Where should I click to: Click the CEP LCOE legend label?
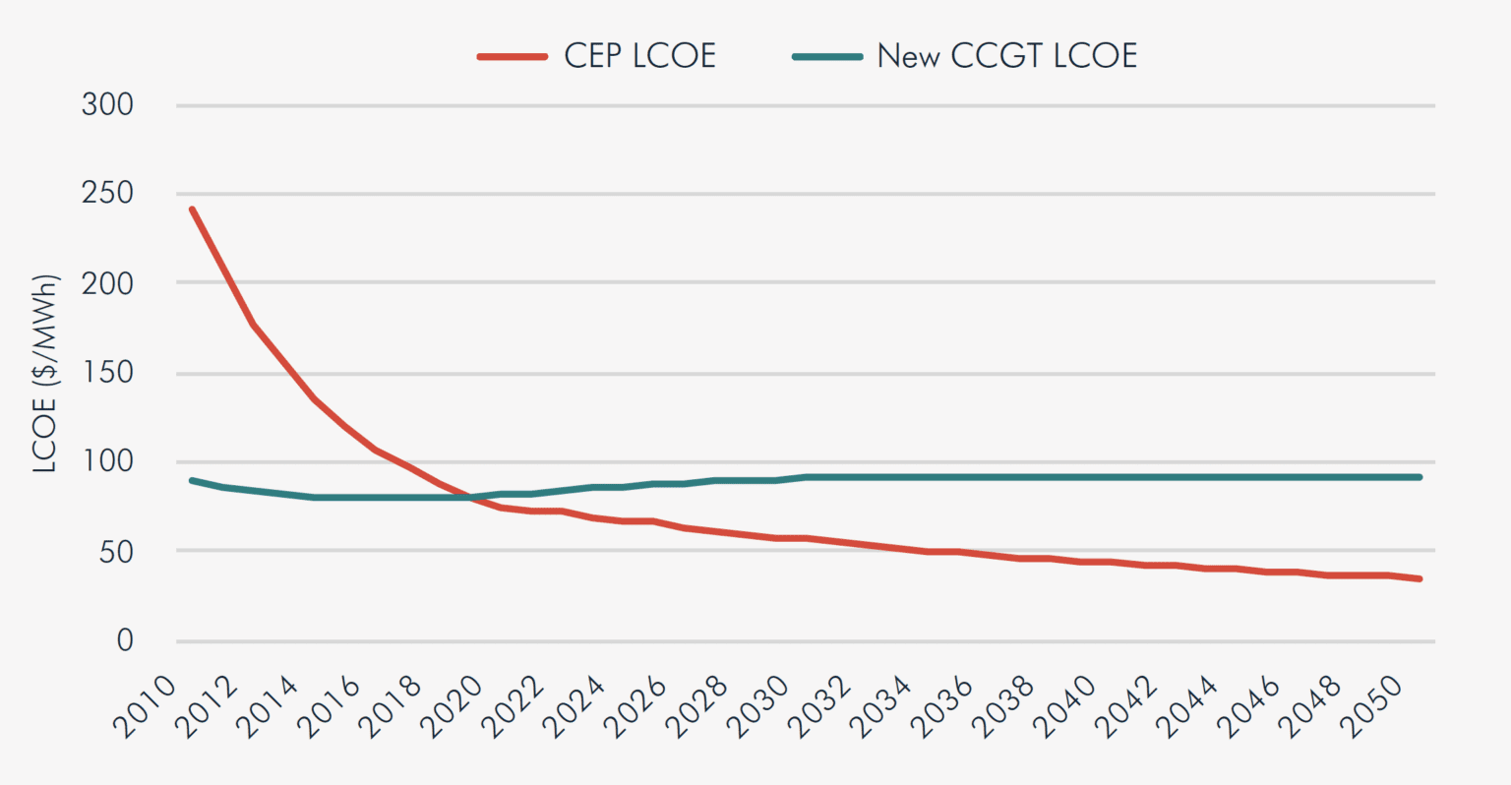pos(639,56)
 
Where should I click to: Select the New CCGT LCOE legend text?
pos(1006,56)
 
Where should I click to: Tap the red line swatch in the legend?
pos(512,57)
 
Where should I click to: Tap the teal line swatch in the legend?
pos(827,57)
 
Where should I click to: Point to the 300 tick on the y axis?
pos(107,104)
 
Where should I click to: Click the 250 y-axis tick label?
pos(107,194)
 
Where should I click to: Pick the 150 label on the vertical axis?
pos(107,373)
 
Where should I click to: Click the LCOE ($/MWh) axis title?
pos(46,374)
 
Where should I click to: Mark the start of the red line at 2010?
pos(192,209)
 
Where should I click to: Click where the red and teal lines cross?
pos(470,498)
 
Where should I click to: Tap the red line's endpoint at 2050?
pos(1420,578)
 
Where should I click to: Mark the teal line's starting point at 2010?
pos(192,480)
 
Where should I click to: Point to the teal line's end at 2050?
pos(1420,477)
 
